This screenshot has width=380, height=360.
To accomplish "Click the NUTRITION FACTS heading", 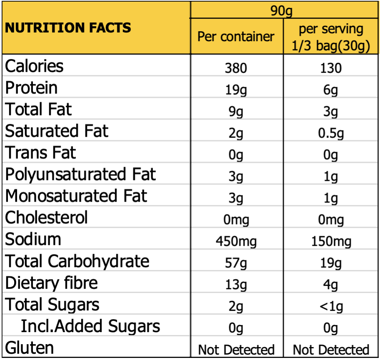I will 68,28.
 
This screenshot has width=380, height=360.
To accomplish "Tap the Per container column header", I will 236,36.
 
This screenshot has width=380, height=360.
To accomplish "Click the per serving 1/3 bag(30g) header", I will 331,37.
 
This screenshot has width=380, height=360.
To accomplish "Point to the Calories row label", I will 34,66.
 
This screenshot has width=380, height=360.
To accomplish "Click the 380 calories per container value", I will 236,67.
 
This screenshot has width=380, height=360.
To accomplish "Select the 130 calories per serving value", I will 331,67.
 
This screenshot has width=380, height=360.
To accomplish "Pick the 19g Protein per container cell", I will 236,89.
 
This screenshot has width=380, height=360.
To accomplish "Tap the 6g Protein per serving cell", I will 331,89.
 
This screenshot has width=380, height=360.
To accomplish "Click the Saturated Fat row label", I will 57,131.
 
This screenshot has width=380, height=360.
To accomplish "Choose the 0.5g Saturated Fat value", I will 331,133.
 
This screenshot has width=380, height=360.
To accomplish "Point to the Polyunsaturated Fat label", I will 80,174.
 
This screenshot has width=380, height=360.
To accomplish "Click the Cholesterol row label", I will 47,217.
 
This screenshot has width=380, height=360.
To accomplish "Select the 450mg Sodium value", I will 236,241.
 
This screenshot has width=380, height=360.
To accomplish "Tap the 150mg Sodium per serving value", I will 331,241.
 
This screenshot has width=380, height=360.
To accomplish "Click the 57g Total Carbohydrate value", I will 236,263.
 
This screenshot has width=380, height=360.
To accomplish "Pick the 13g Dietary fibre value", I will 236,285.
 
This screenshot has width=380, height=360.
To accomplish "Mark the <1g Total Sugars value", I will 331,306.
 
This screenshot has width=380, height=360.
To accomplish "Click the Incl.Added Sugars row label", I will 90,326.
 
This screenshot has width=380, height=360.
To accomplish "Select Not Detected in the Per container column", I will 236,350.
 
